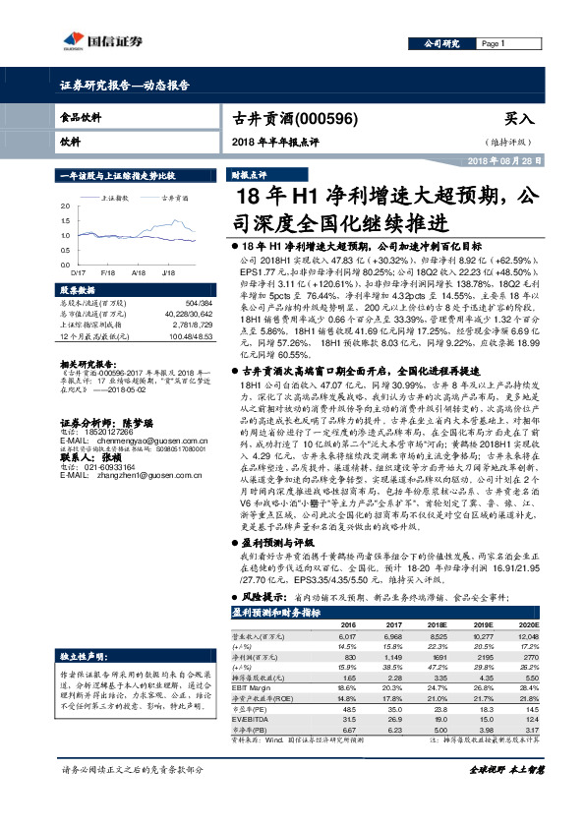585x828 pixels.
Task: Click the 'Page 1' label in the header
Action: [494, 45]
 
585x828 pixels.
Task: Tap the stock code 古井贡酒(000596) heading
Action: [290, 117]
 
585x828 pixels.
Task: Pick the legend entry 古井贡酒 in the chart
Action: [176, 198]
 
